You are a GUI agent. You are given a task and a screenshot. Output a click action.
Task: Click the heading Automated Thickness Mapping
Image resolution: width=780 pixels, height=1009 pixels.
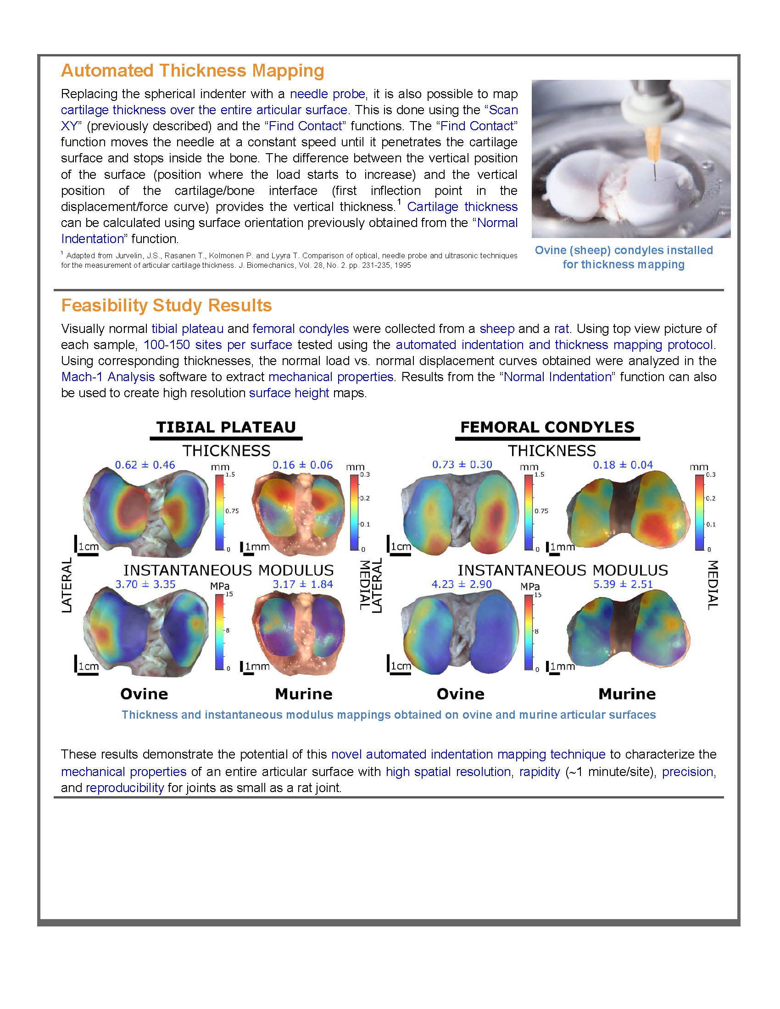(192, 71)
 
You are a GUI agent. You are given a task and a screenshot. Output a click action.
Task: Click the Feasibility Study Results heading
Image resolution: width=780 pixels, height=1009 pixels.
(167, 305)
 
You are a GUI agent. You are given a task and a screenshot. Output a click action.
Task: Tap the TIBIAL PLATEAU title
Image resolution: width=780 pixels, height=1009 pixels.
(226, 427)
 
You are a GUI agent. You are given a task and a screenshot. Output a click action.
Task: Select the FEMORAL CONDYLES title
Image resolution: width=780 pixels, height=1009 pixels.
(547, 427)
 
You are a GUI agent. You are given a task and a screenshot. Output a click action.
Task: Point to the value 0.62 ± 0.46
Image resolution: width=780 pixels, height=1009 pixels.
(145, 465)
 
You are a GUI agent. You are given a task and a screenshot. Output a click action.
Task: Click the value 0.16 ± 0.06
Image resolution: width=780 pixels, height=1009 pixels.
(302, 465)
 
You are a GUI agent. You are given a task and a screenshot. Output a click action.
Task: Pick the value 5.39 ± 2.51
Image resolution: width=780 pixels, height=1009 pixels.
(623, 584)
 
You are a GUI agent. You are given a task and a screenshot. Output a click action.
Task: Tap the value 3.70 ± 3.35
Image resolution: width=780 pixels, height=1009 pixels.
(145, 584)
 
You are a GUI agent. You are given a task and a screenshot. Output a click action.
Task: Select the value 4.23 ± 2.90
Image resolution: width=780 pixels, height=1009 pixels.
(461, 584)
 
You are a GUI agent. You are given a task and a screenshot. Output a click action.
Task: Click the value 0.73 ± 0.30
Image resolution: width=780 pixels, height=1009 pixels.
(462, 464)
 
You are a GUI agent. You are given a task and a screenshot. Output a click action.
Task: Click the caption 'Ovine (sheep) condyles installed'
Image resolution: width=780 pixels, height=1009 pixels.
(624, 250)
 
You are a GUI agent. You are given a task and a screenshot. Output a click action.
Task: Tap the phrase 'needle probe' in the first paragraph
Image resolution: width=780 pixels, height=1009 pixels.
(327, 94)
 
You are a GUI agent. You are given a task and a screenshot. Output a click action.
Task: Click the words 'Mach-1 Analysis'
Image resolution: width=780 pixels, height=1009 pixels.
(108, 377)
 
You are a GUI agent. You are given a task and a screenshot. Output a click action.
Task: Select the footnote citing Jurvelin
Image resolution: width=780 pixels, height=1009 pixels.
(289, 260)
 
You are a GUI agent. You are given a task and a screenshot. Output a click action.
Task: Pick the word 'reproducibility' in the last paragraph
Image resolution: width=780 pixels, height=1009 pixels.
(125, 787)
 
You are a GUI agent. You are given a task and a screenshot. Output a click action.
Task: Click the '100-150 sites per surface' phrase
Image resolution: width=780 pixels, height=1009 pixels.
(217, 344)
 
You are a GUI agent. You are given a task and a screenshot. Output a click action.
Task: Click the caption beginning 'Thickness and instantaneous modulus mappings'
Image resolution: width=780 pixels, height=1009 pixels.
(389, 715)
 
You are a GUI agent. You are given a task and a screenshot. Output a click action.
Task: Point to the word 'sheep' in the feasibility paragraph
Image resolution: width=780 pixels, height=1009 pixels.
(497, 328)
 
